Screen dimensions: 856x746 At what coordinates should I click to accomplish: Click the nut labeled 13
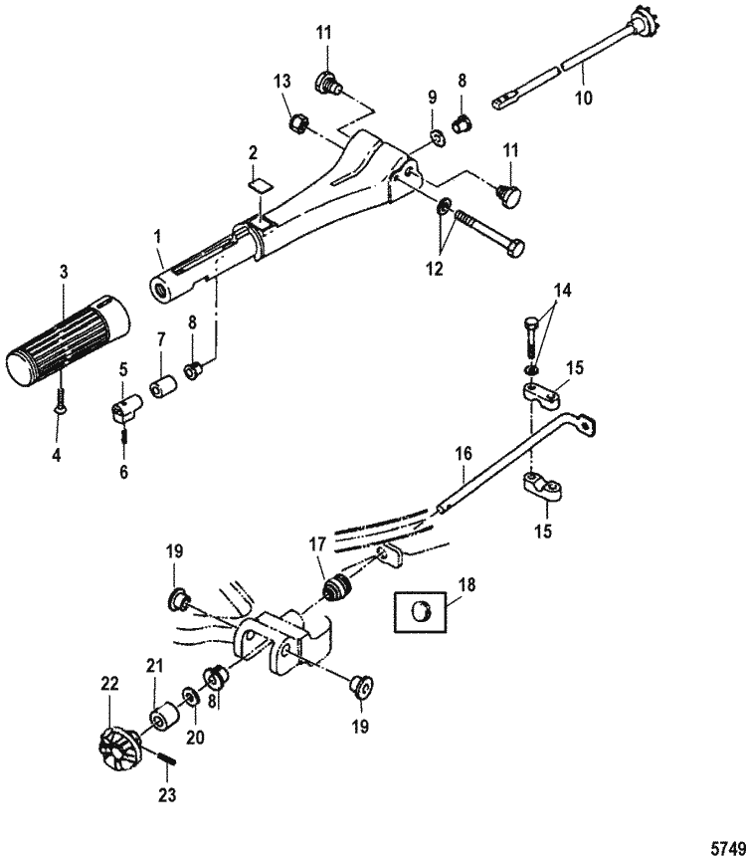pyautogui.click(x=294, y=124)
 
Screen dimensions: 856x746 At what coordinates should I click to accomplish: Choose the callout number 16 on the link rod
pyautogui.click(x=462, y=453)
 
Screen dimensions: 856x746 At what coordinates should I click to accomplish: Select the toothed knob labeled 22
pyautogui.click(x=117, y=749)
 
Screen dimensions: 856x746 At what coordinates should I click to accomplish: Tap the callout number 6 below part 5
pyautogui.click(x=124, y=473)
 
